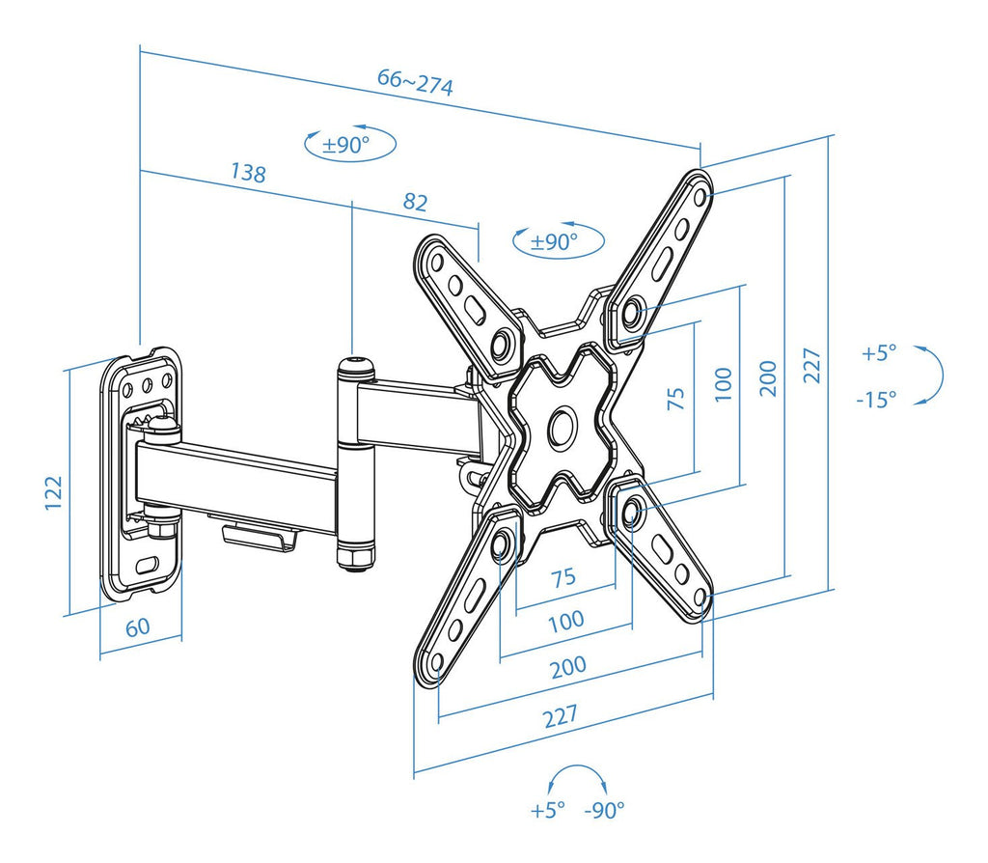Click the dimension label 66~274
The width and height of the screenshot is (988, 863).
tap(415, 83)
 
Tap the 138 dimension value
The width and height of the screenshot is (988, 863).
tap(248, 172)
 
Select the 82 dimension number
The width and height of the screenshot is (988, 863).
tap(415, 202)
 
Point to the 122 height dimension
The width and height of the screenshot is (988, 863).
tap(54, 493)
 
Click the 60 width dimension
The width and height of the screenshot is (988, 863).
tap(137, 627)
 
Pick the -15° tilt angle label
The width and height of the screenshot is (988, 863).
tap(876, 399)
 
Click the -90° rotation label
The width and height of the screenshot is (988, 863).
tap(604, 810)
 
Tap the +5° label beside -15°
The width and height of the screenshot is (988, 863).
tap(879, 352)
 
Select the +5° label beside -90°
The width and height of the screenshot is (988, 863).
tap(548, 810)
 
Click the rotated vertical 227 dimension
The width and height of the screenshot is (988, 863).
tap(811, 366)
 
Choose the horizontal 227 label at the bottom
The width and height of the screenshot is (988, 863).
tap(561, 716)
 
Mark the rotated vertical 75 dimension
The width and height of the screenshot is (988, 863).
tap(675, 399)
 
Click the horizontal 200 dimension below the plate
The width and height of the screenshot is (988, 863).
tap(568, 667)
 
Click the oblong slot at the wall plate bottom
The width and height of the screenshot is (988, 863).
tap(148, 563)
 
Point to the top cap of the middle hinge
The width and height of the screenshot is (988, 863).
tap(356, 365)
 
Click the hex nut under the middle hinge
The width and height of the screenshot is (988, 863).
tap(356, 557)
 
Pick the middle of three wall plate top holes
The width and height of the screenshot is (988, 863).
tap(148, 384)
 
